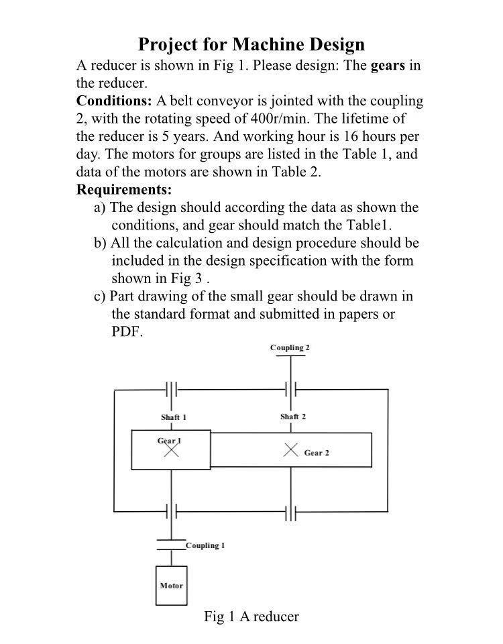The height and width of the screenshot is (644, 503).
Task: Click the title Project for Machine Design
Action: [x=251, y=45]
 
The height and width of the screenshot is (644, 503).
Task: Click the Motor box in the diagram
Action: [x=171, y=586]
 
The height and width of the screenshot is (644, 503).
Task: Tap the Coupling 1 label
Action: [x=205, y=545]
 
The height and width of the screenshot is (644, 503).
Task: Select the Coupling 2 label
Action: [x=290, y=347]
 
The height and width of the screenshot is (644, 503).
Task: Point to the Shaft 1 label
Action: [x=173, y=417]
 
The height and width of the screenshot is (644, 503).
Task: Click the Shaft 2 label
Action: [x=293, y=417]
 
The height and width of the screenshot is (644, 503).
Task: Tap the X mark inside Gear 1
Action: [x=172, y=450]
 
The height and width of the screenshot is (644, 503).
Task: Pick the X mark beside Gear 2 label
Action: [x=290, y=449]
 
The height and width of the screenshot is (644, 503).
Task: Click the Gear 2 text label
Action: [x=317, y=453]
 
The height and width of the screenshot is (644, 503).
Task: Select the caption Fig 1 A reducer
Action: [x=251, y=616]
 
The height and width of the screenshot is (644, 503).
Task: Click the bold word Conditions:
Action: [x=114, y=101]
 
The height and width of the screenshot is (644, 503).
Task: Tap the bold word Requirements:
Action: [x=124, y=190]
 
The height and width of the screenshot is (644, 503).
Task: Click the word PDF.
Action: [x=127, y=331]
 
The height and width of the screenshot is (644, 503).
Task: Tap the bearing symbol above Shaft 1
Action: [x=172, y=389]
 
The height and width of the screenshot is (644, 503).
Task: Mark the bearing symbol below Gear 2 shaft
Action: [x=290, y=513]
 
